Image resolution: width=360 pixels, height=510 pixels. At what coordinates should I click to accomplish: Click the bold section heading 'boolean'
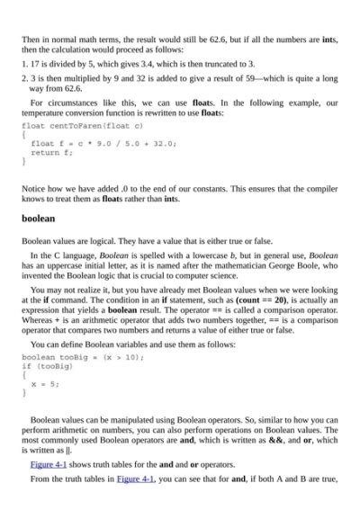coord(39,219)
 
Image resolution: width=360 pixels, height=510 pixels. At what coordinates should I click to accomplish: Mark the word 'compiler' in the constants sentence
coord(315,190)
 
